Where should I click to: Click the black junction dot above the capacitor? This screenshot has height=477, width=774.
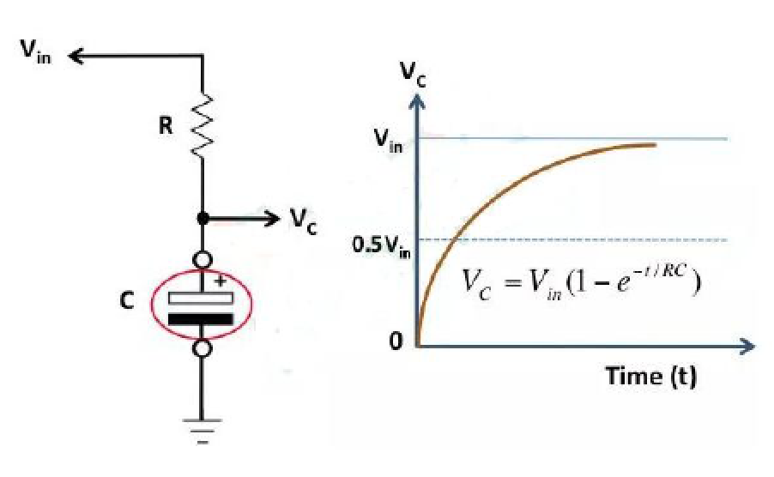coord(203,219)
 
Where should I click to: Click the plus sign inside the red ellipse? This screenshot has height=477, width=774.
coord(221,281)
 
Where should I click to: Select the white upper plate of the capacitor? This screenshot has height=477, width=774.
coord(201,298)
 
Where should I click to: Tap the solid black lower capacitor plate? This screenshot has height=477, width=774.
coord(201,319)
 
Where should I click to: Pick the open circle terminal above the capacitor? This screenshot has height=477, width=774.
coord(203,258)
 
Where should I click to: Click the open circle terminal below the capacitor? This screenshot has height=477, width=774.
coord(203,348)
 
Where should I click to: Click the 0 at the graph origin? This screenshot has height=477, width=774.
coord(396,342)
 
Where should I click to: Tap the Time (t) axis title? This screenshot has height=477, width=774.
coord(650,376)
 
